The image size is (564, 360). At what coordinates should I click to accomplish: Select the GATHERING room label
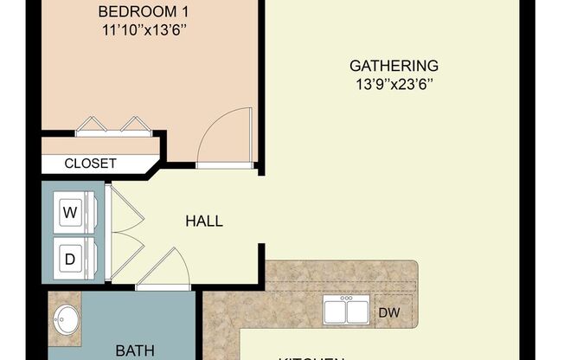point(394,66)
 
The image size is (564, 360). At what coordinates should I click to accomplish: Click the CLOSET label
point(91,164)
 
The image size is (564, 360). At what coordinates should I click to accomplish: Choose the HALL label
point(204,222)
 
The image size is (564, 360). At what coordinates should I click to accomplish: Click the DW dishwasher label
point(388,312)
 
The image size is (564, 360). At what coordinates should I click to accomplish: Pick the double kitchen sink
point(347,309)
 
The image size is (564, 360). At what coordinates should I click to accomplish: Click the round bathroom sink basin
point(64,322)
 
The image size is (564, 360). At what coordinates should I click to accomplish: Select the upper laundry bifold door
point(125,208)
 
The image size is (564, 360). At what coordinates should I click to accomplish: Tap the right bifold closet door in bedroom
point(136,126)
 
